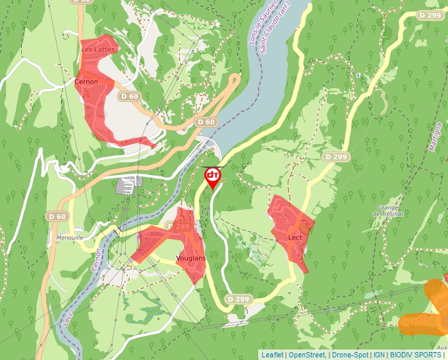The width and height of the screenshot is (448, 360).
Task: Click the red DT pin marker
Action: tap(213, 176)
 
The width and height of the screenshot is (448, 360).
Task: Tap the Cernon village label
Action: tap(86, 82)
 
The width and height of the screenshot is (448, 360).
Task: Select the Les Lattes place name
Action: tap(98, 49)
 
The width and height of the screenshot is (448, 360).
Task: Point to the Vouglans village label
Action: tap(191, 258)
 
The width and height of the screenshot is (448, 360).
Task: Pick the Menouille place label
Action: tap(70, 237)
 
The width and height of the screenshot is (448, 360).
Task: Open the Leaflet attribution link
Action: tap(272, 355)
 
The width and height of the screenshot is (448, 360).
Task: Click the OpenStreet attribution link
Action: tap(306, 355)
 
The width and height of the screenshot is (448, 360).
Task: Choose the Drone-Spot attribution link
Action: tap(349, 355)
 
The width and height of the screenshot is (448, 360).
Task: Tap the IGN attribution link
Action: tap(379, 355)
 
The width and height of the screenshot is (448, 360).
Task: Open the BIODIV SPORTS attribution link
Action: tap(416, 355)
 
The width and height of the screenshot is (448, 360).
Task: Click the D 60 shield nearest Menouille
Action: tap(57, 217)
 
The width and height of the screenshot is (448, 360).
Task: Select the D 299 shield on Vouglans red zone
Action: tap(179, 226)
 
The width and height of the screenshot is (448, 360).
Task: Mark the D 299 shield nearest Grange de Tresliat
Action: tap(336, 157)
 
